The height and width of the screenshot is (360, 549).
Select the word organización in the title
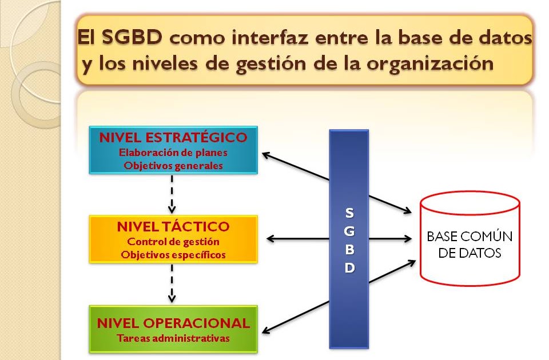pyautogui.click(x=430, y=63)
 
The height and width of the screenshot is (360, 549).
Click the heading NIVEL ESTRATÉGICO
pyautogui.click(x=173, y=138)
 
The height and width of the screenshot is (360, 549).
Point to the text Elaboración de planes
pyautogui.click(x=173, y=153)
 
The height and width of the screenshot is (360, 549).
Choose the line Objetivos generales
pyautogui.click(x=173, y=165)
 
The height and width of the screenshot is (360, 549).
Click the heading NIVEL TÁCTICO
pyautogui.click(x=173, y=227)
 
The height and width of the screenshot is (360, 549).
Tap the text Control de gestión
pyautogui.click(x=173, y=241)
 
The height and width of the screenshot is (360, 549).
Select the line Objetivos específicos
pyautogui.click(x=173, y=254)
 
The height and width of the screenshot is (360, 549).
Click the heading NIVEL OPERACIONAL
pyautogui.click(x=173, y=323)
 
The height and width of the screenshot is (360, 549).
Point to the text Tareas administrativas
pyautogui.click(x=173, y=338)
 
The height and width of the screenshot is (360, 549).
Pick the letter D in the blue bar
pyautogui.click(x=349, y=268)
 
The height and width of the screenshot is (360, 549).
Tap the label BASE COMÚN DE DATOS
pyautogui.click(x=470, y=245)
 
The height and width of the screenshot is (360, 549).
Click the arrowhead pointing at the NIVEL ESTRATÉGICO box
pyautogui.click(x=265, y=153)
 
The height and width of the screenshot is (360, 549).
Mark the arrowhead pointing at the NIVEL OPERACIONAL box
pyautogui.click(x=266, y=330)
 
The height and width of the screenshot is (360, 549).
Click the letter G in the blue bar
pyautogui.click(x=349, y=231)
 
